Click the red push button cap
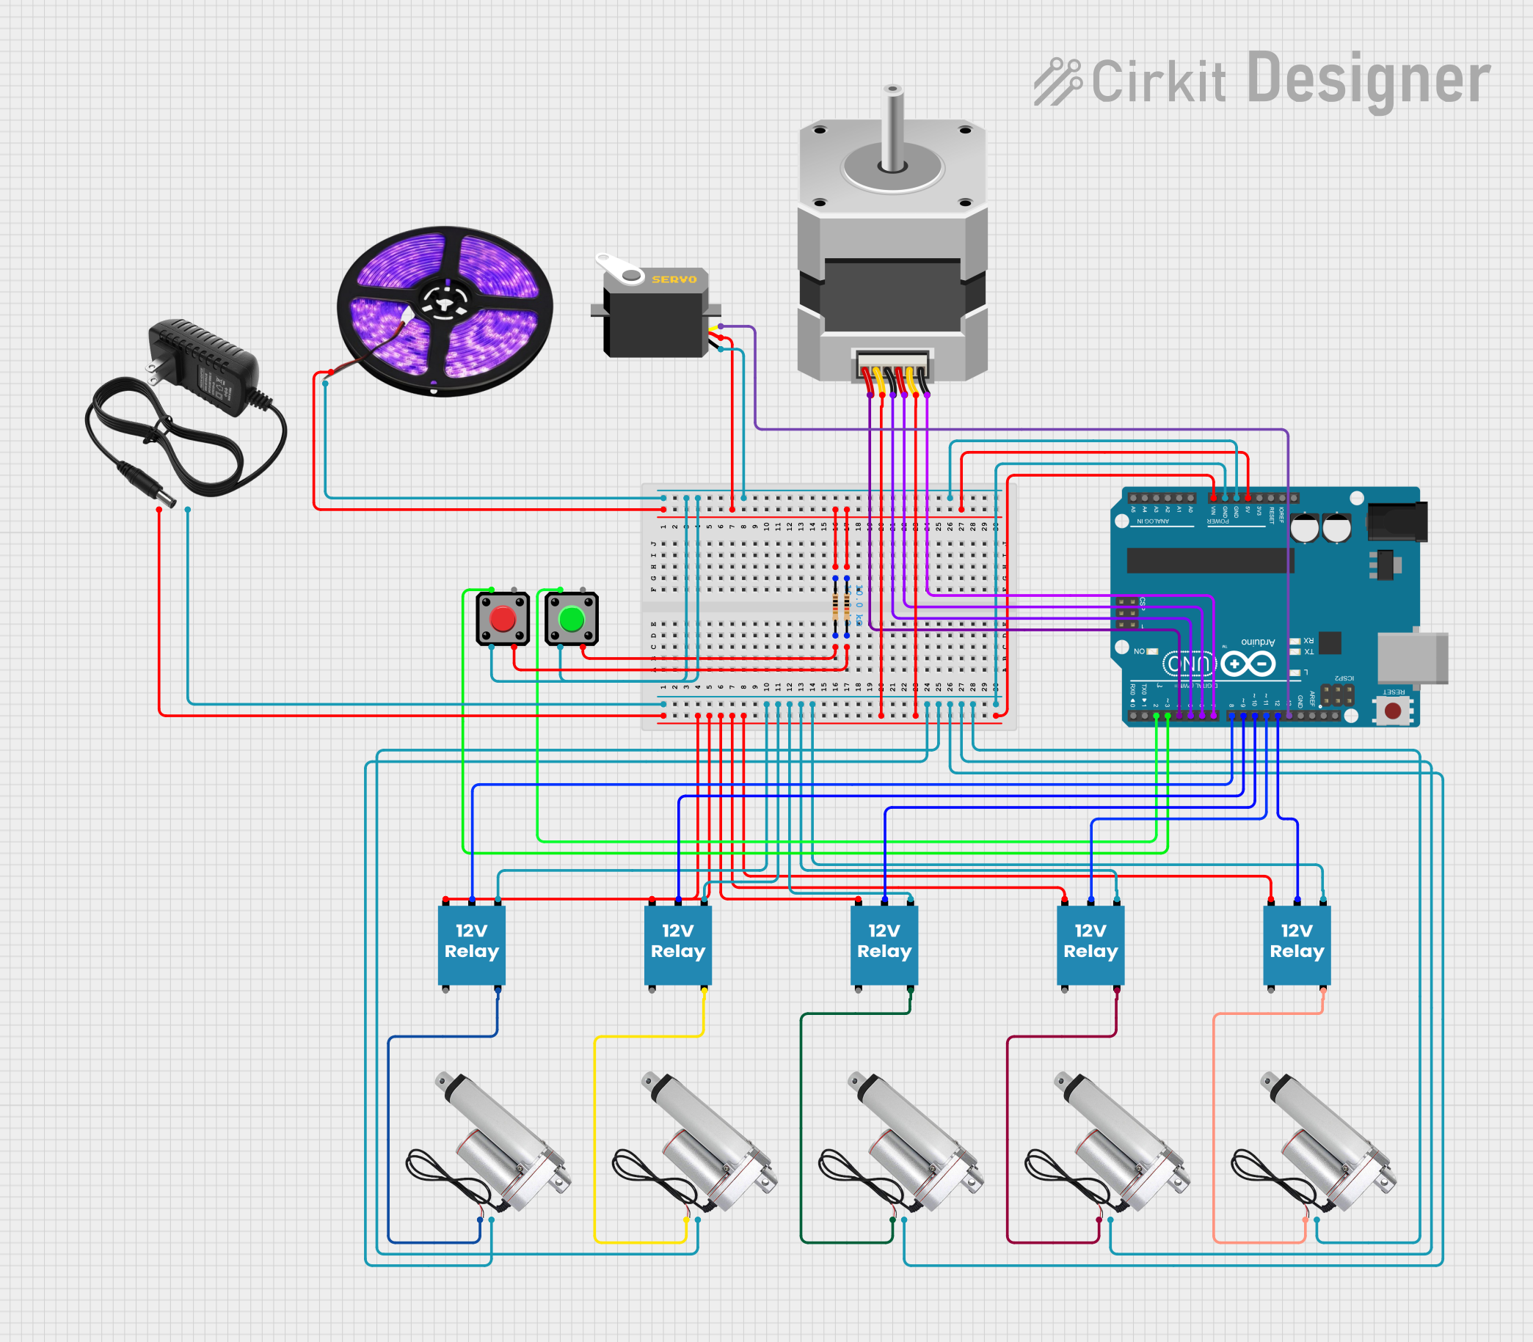click(x=502, y=620)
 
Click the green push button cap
click(x=572, y=620)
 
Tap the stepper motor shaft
click(x=892, y=128)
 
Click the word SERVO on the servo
click(x=674, y=279)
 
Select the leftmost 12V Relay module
click(x=471, y=945)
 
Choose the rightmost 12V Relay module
click(x=1296, y=945)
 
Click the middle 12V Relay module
click(x=884, y=945)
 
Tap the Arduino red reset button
click(x=1393, y=711)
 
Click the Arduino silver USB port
click(x=1412, y=659)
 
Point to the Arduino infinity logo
click(x=1248, y=664)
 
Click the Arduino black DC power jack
click(x=1397, y=521)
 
